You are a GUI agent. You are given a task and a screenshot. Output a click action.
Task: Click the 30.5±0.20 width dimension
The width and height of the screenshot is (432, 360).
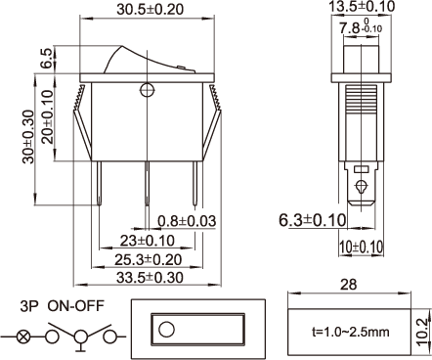point(151,9)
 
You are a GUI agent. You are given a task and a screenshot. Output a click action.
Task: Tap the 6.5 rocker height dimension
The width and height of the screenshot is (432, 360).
point(47,59)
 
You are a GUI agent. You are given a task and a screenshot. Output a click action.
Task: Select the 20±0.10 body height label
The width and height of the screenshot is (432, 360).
point(48,117)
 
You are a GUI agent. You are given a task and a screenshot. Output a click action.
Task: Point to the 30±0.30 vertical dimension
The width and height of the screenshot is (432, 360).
point(28,137)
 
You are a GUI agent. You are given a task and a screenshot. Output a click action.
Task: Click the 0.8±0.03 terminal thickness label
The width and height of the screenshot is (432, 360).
point(187,221)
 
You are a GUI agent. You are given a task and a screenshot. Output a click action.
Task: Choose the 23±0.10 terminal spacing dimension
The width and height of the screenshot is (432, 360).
point(148,241)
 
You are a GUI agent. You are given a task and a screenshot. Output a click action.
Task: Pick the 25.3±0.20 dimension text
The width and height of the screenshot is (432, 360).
point(148,259)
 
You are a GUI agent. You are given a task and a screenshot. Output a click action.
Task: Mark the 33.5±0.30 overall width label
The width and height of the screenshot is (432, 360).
point(150,278)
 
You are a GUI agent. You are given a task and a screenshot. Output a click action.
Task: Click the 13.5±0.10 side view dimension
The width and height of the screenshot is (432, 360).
point(361,7)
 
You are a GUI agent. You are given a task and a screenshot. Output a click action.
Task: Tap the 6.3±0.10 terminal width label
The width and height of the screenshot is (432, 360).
point(313,220)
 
